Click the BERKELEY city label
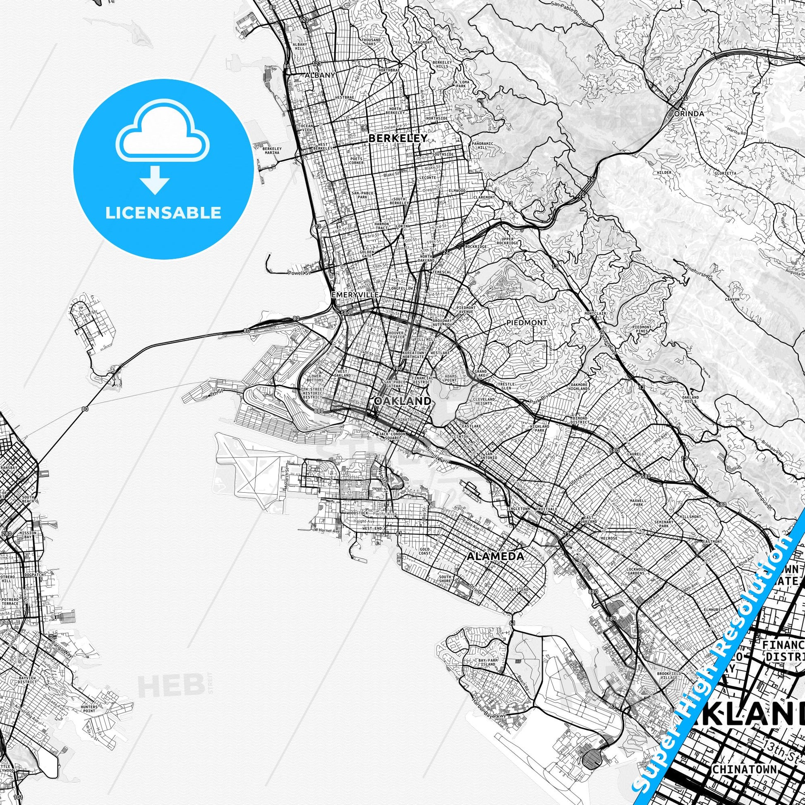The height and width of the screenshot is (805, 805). [x=398, y=138]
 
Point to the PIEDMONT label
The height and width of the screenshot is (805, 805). [x=527, y=322]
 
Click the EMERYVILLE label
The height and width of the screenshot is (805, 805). [x=355, y=295]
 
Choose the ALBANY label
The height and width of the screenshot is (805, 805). [x=320, y=75]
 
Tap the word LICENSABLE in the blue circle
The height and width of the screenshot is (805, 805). [x=163, y=213]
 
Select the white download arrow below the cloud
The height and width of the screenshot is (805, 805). [x=155, y=179]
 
